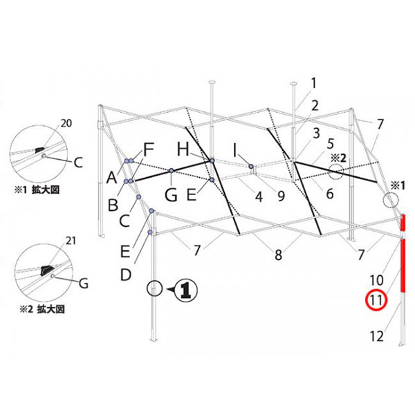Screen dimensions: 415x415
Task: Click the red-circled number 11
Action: pyautogui.click(x=376, y=300)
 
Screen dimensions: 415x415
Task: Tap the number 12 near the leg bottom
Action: pyautogui.click(x=376, y=336)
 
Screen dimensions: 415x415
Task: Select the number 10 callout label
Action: pyautogui.click(x=376, y=280)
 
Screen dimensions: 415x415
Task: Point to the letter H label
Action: pyautogui.click(x=183, y=149)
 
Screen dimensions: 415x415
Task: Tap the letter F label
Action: pyautogui.click(x=149, y=150)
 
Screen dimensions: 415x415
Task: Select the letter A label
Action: pyautogui.click(x=111, y=177)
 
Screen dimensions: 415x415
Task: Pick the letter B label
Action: pyautogui.click(x=113, y=205)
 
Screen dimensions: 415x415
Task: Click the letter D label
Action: pyautogui.click(x=126, y=275)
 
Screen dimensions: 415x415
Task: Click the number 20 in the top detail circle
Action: pyautogui.click(x=66, y=123)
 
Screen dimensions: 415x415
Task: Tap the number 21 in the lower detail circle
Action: pyautogui.click(x=71, y=241)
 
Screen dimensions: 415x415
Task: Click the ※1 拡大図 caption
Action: pyautogui.click(x=37, y=190)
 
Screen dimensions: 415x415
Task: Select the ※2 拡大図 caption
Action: pyautogui.click(x=42, y=309)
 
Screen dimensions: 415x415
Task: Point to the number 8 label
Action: pyautogui.click(x=278, y=255)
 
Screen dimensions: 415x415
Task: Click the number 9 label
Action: pyautogui.click(x=281, y=196)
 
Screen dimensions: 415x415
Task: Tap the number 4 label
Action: pyautogui.click(x=259, y=197)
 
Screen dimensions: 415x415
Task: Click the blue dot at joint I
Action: pyautogui.click(x=250, y=167)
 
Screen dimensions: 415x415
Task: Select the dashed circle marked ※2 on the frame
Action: pyautogui.click(x=335, y=172)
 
